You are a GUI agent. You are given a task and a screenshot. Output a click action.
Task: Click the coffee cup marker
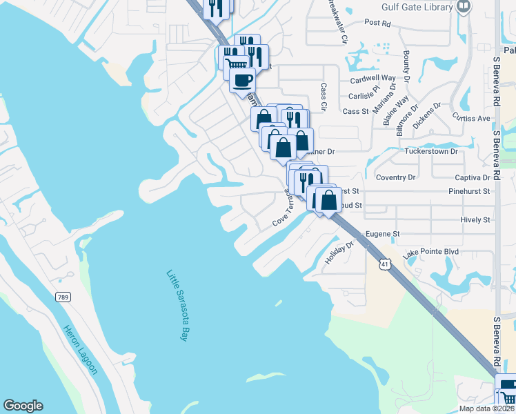(x=241, y=80)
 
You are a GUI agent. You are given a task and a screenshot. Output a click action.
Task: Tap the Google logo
(x=23, y=406)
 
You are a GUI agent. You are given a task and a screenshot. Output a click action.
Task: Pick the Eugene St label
(x=383, y=235)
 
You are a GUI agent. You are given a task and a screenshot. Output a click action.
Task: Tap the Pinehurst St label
(x=468, y=190)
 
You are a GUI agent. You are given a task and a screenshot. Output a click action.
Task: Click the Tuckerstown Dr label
(x=431, y=151)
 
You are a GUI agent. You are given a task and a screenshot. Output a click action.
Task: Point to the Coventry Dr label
(x=395, y=177)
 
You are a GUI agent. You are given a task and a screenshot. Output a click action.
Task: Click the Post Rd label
(x=377, y=23)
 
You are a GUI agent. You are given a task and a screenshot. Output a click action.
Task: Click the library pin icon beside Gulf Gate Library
(x=464, y=6)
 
